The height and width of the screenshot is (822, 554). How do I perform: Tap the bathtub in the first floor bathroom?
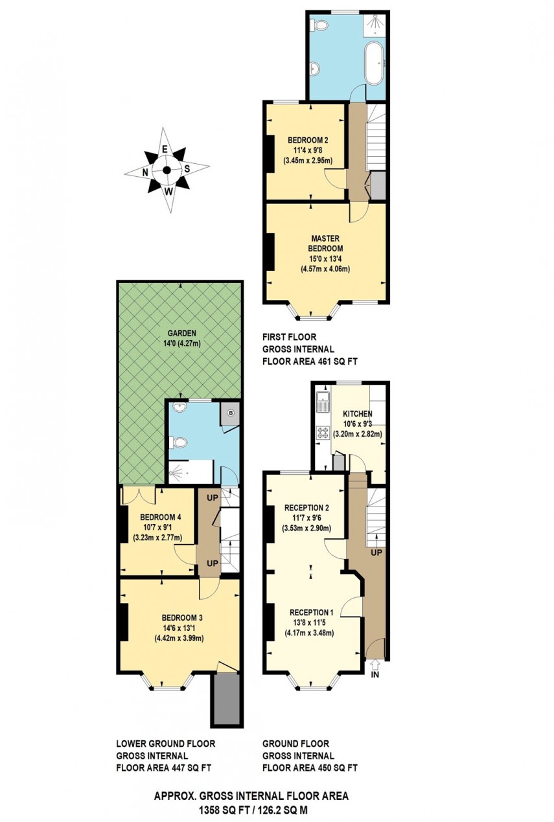tap(375, 63)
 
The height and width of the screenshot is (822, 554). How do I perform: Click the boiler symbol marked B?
tap(231, 413)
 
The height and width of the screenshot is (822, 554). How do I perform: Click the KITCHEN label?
tap(357, 413)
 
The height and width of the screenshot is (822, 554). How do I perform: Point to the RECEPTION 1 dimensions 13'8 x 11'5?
tap(312, 622)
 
